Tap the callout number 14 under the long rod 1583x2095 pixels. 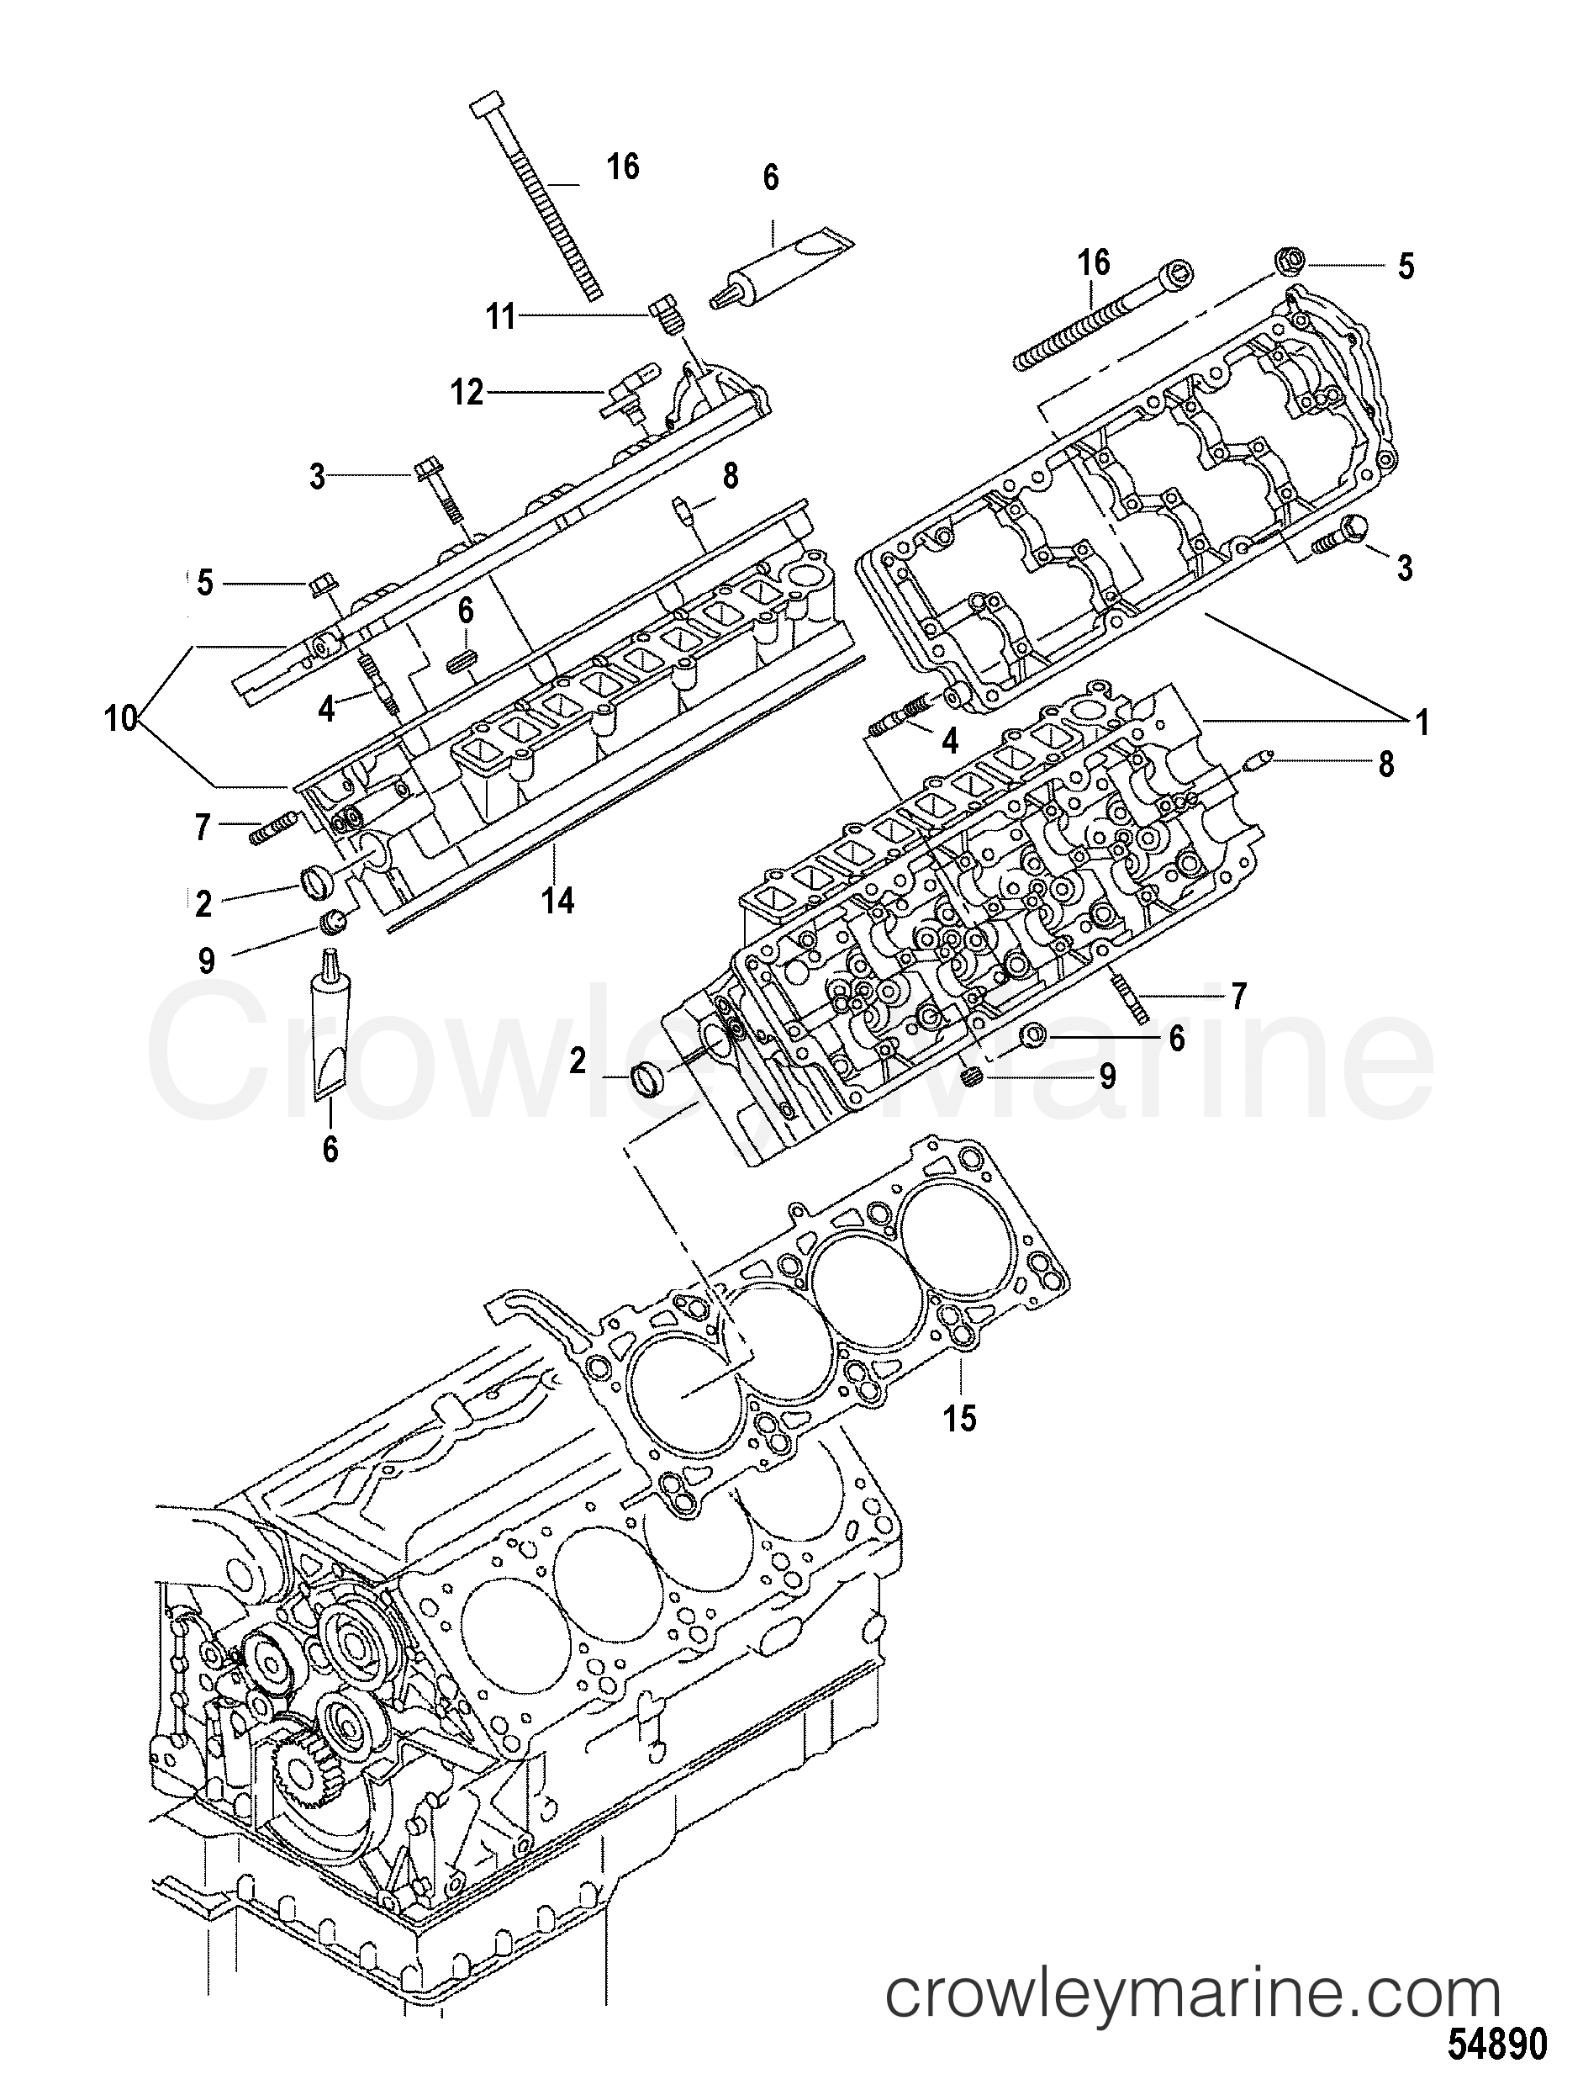(557, 899)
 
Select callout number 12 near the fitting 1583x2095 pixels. (467, 392)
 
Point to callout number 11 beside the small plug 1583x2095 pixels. (501, 316)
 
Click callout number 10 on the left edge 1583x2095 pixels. (121, 719)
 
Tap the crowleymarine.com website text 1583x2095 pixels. (1193, 1991)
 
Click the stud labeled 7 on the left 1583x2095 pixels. (271, 833)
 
